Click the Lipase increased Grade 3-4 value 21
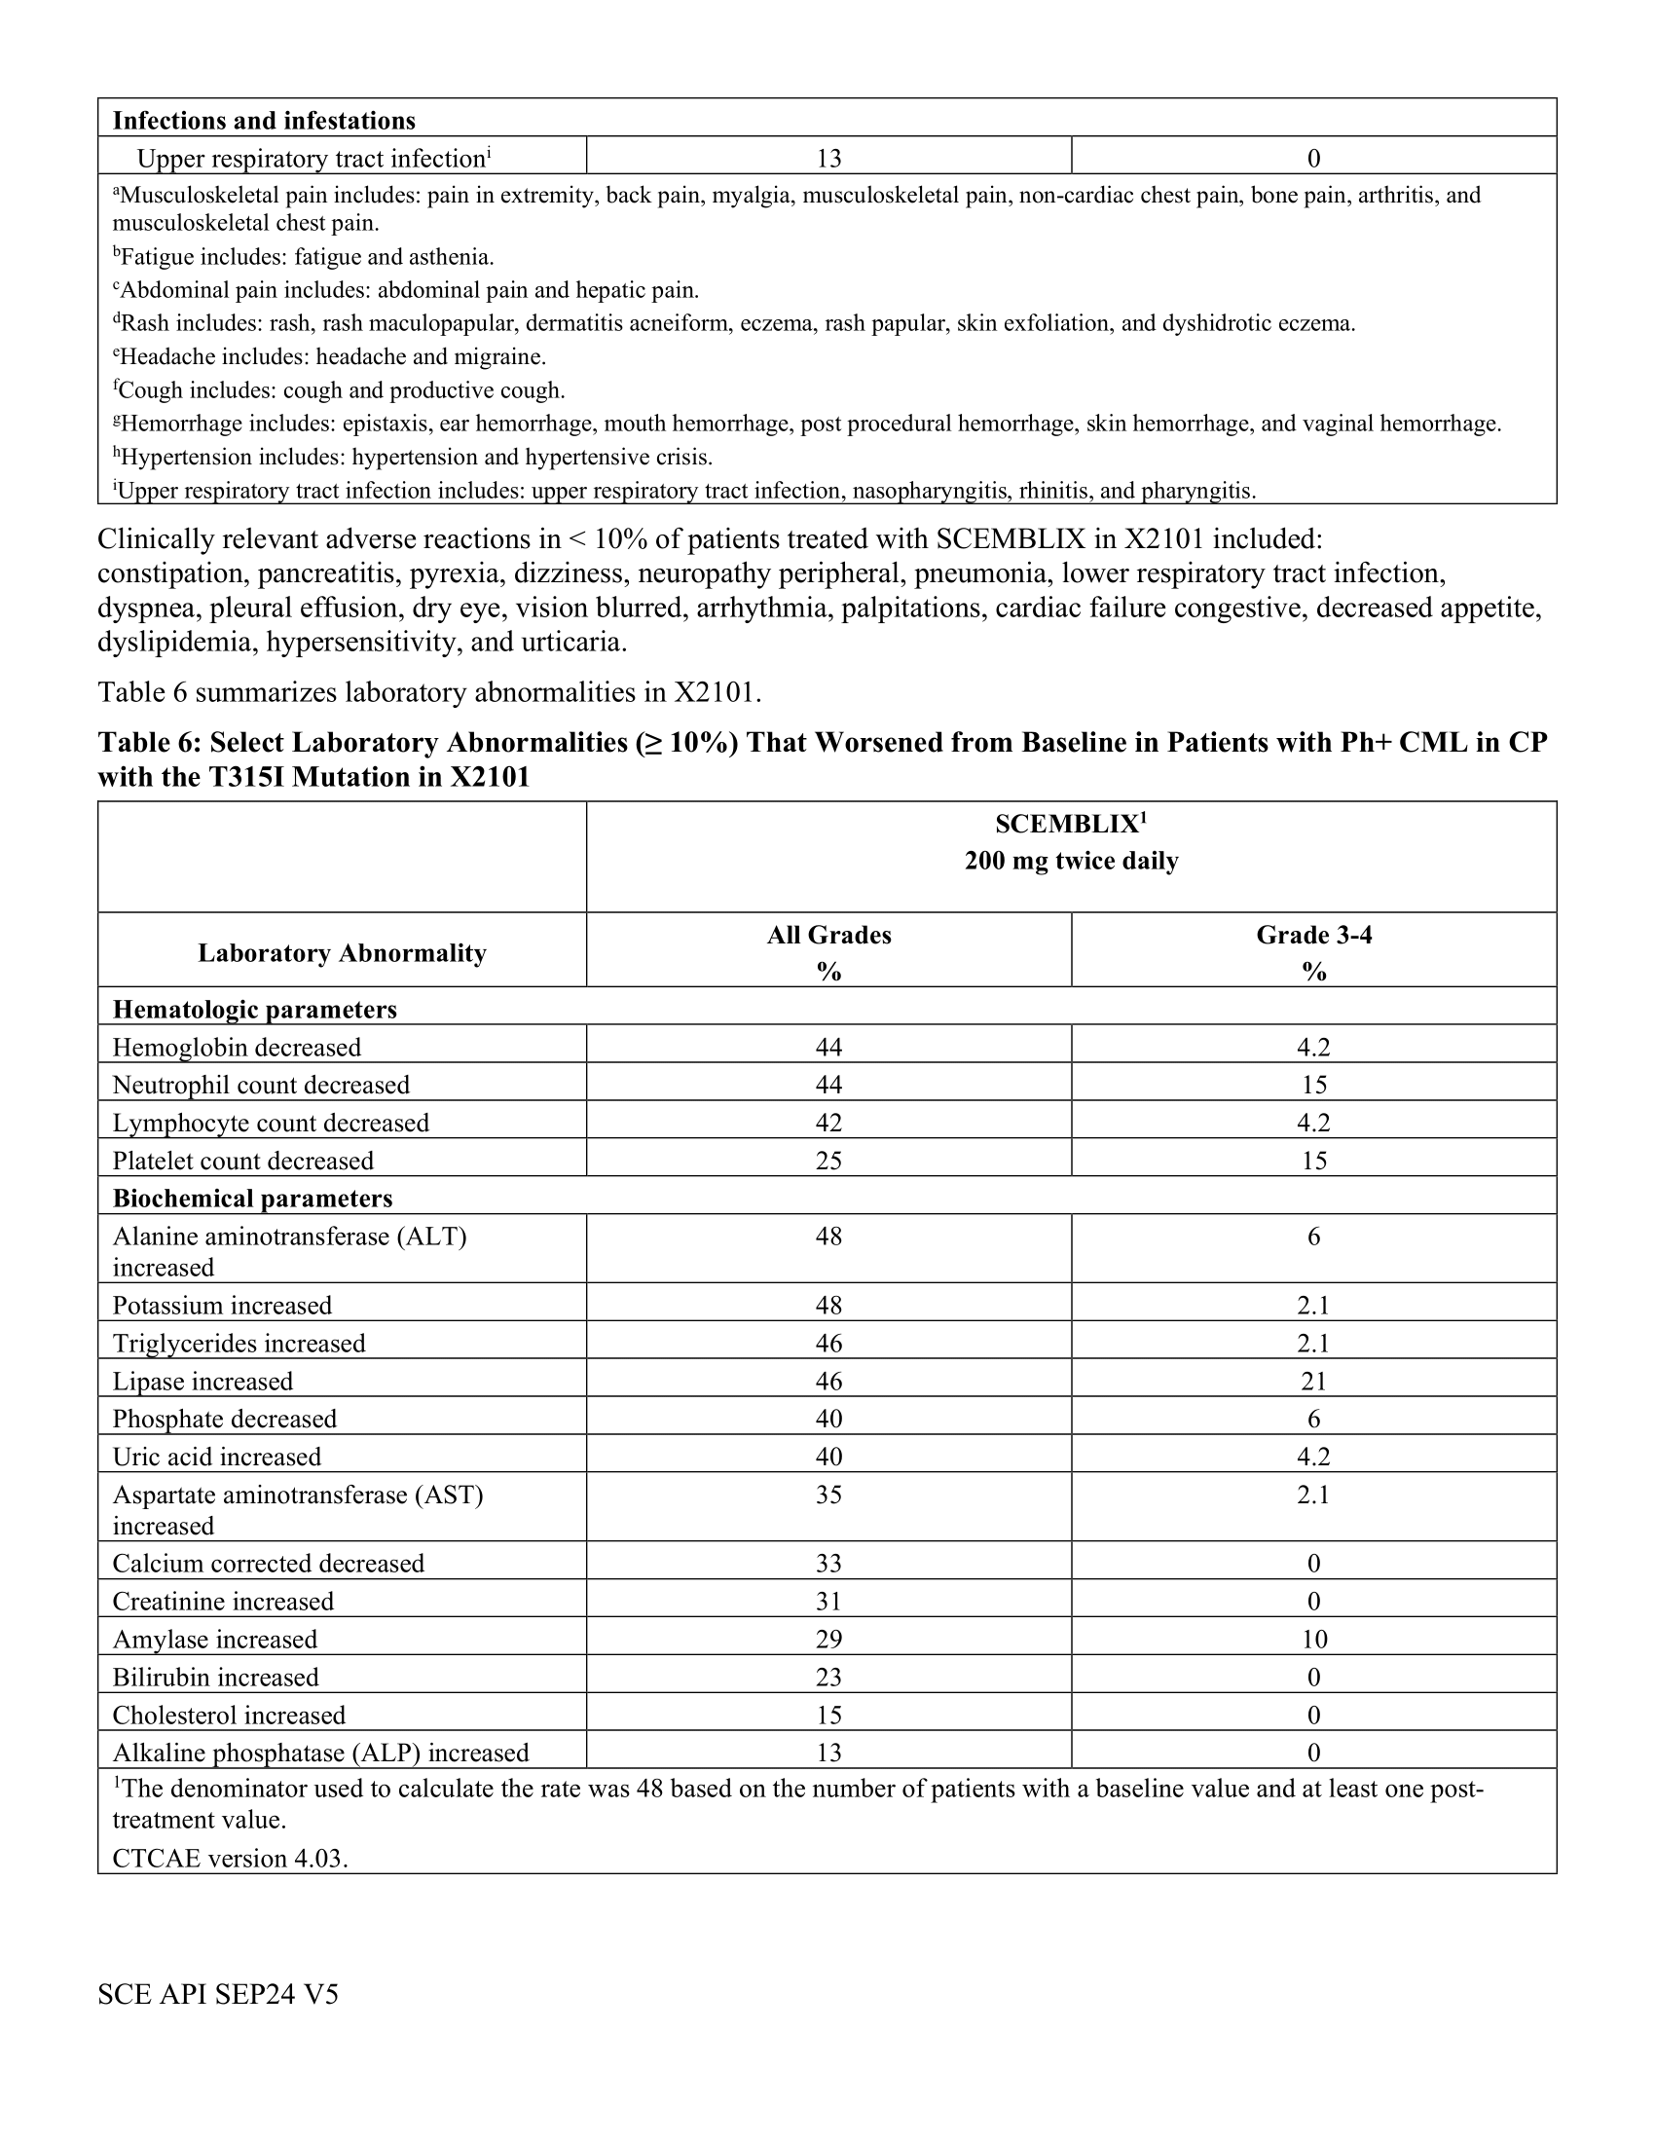pyautogui.click(x=1313, y=1381)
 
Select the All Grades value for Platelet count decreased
pyautogui.click(x=828, y=1161)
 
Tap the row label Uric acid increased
pyautogui.click(x=217, y=1457)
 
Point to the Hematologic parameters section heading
pyautogui.click(x=255, y=1010)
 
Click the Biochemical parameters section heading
pyautogui.click(x=252, y=1199)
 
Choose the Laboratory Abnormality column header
pyautogui.click(x=341, y=953)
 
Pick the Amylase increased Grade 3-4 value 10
pyautogui.click(x=1313, y=1639)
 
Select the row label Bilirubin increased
pyautogui.click(x=216, y=1678)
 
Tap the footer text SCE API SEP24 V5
pyautogui.click(x=218, y=1994)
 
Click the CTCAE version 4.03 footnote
pyautogui.click(x=231, y=1859)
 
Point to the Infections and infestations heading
pyautogui.click(x=264, y=121)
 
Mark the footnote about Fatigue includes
pyautogui.click(x=303, y=257)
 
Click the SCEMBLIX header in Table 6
pyautogui.click(x=1071, y=825)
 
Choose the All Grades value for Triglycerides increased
pyautogui.click(x=828, y=1343)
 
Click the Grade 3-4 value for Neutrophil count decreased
pyautogui.click(x=1313, y=1085)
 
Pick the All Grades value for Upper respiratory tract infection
pyautogui.click(x=828, y=159)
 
